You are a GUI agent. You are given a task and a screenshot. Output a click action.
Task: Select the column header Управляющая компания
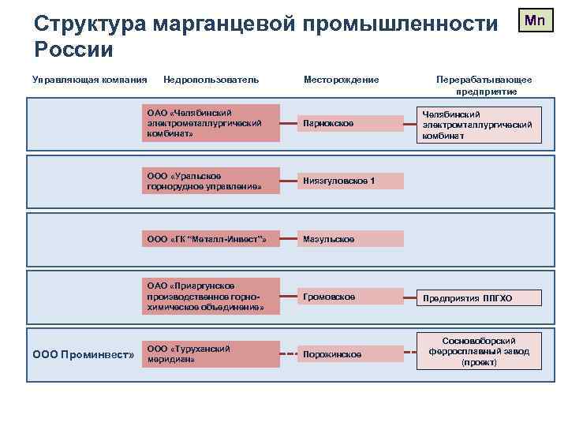(89, 79)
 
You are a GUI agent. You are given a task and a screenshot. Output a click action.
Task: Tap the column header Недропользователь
(211, 79)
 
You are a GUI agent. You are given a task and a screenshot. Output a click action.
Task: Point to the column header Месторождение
(341, 79)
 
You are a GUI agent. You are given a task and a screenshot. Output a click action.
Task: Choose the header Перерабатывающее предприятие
(484, 85)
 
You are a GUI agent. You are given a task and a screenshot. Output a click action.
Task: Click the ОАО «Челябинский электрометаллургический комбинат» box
(211, 123)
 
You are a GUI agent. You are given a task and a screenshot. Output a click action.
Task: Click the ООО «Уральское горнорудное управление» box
(211, 181)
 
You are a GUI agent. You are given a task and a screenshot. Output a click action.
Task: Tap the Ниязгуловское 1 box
(350, 181)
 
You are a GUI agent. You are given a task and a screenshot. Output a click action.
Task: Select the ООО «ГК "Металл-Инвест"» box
(211, 238)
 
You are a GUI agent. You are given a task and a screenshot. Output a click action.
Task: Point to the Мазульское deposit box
(350, 238)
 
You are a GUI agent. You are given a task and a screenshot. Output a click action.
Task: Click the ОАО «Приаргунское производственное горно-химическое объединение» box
(211, 296)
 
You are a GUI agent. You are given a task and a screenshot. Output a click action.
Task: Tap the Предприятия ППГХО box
(480, 298)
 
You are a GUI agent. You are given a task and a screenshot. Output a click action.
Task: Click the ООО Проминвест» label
(83, 354)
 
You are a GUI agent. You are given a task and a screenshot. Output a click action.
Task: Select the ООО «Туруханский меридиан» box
(211, 353)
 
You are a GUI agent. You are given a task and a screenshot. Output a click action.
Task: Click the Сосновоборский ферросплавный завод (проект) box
(480, 351)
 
